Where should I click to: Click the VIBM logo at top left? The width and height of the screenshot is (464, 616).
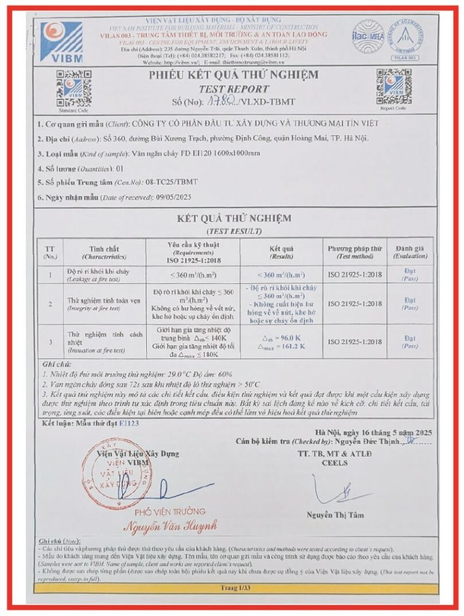pyautogui.click(x=62, y=42)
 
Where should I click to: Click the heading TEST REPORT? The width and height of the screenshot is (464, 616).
pyautogui.click(x=234, y=89)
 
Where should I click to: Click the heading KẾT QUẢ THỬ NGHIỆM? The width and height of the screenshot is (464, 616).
pyautogui.click(x=232, y=218)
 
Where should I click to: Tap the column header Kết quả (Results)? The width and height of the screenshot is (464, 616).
pyautogui.click(x=281, y=251)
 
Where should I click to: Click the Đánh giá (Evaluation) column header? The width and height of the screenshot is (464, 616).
pyautogui.click(x=410, y=251)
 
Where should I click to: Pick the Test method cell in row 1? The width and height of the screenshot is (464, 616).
pyautogui.click(x=354, y=275)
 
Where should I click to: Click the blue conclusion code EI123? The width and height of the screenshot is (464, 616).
pyautogui.click(x=129, y=423)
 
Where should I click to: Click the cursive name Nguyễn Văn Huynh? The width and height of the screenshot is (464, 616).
pyautogui.click(x=170, y=526)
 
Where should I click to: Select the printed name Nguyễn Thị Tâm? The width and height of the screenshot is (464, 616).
pyautogui.click(x=335, y=515)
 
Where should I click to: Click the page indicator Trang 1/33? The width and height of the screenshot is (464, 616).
pyautogui.click(x=232, y=587)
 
